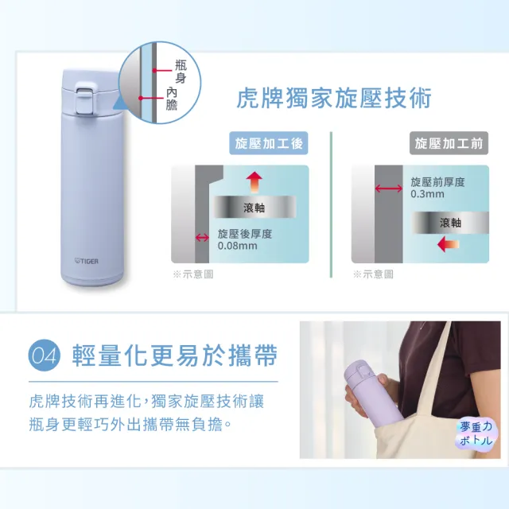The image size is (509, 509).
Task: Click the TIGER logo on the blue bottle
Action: point(87,261)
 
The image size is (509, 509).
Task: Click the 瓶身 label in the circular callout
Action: point(181,71)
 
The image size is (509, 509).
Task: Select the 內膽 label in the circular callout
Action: point(172,99)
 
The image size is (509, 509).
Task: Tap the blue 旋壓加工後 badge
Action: point(269,143)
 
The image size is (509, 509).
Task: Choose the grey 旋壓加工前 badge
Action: point(449,143)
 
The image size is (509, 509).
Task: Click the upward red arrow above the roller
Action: point(254,182)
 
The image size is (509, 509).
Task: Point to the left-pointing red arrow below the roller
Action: point(449,244)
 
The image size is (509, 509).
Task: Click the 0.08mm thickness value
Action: point(237,246)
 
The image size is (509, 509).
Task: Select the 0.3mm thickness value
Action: point(427,194)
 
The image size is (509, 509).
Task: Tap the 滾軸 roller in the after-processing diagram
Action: point(254,207)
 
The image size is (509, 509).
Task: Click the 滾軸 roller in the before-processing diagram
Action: point(450,223)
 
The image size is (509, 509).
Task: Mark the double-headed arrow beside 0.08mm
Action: point(202,238)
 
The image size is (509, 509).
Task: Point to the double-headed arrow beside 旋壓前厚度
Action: point(389,188)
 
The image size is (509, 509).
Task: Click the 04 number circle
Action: point(45,356)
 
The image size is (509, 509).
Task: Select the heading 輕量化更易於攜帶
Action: point(175,356)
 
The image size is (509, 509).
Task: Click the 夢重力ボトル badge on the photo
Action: point(476,433)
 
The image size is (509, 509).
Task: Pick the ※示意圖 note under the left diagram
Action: point(192,274)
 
